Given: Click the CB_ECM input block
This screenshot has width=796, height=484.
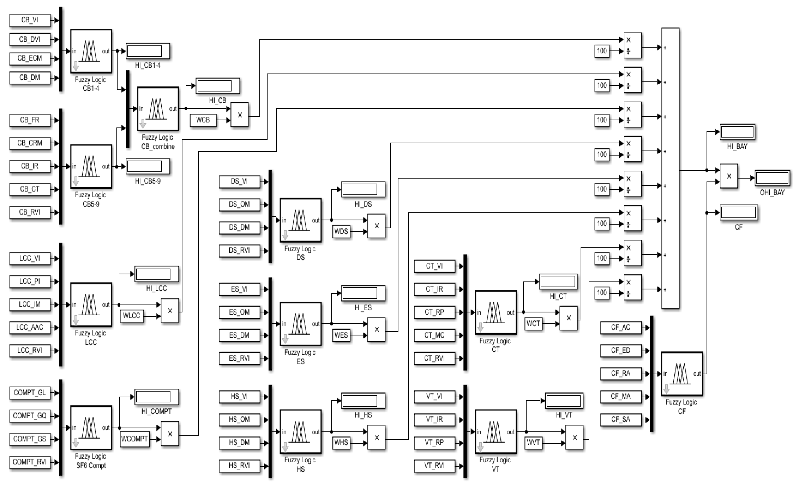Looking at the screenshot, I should pos(30,58).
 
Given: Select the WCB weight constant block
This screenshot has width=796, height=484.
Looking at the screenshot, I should pos(203,120).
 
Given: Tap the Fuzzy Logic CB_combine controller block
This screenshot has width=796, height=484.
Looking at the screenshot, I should pos(158,109).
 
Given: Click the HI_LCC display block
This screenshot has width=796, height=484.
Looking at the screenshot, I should pos(156,274).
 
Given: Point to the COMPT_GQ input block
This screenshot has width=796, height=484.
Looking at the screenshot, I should pos(30,416).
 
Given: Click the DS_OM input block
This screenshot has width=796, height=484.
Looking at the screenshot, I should pos(239,204).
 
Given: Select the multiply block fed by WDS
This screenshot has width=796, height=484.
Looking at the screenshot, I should pos(376,226).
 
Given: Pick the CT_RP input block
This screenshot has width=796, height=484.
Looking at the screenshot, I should pos(434,312).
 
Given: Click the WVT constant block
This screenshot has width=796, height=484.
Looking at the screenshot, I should pos(533,443).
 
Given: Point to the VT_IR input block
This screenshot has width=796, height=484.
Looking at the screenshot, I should pos(434,419).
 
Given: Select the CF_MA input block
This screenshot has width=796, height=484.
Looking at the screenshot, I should pos(621,397).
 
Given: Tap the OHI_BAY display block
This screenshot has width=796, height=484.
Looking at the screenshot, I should pos(772,178).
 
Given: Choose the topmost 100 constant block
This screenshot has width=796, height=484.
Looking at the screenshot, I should pos(602,51).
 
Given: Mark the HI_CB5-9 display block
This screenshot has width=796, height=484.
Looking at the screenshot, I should pos(148,167).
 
